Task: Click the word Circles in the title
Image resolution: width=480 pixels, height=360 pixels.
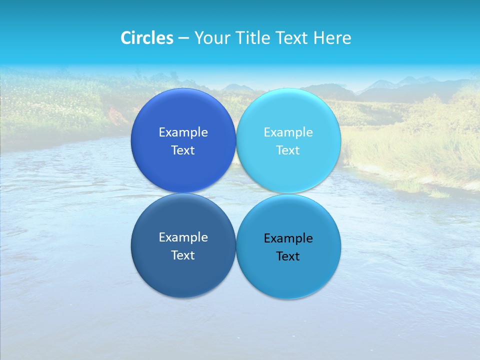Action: pos(146,38)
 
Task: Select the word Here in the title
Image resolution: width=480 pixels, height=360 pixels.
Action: pos(332,38)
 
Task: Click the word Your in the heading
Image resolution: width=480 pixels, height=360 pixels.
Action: pos(212,38)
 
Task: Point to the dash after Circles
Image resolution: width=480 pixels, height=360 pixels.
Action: pos(183,38)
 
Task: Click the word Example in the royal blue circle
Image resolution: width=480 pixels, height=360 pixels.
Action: pos(183,132)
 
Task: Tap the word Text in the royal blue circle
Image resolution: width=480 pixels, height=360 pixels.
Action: pos(183,150)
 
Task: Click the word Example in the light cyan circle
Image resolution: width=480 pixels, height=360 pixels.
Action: pos(288,132)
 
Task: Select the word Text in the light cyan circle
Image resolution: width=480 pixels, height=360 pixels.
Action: pos(288,150)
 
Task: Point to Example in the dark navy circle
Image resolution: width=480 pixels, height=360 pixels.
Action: pos(183,237)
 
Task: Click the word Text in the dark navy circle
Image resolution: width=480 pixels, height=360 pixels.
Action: pos(183,255)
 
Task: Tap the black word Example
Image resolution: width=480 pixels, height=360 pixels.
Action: pos(288,238)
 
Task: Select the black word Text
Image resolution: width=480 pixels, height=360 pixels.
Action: pos(288,256)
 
